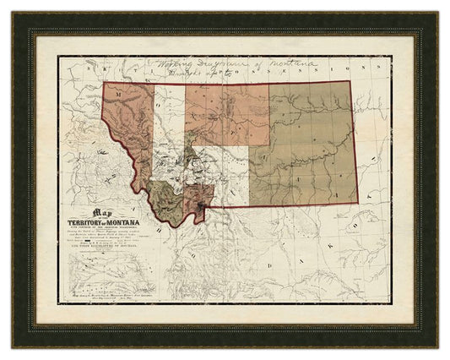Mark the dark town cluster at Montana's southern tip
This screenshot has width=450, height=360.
click(200, 207)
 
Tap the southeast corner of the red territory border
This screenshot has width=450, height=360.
click(357, 204)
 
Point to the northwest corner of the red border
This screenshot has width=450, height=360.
click(104, 82)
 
